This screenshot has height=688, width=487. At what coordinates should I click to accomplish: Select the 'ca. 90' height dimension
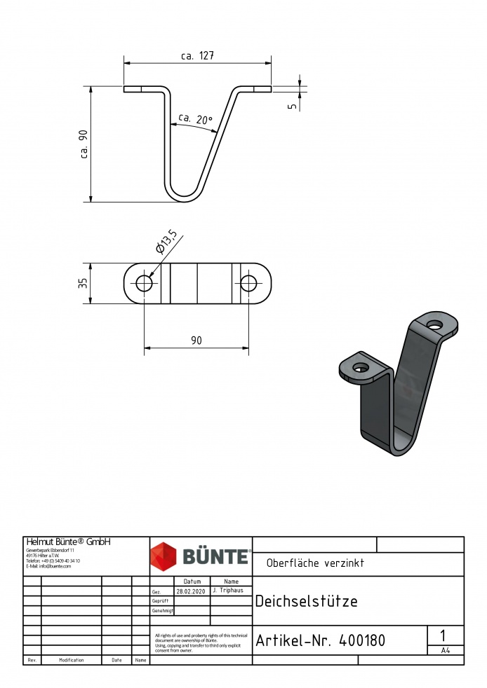84,145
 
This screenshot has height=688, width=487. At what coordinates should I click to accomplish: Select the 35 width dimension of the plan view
83,283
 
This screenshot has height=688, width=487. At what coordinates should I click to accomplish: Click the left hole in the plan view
145,283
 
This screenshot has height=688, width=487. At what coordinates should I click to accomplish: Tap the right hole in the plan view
249,283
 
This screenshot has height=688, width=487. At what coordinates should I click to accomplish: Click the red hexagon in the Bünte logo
165,556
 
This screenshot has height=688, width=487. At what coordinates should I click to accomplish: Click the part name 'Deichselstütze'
306,601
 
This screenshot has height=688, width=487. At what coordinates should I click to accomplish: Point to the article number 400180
361,640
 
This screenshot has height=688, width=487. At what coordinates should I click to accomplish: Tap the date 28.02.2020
191,591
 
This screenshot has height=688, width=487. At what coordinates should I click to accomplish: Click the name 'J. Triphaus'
230,591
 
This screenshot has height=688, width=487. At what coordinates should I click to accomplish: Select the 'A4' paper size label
445,651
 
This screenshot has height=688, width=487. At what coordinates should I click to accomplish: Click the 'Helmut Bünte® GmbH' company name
68,542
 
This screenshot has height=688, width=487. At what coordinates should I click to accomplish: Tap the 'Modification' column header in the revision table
72,660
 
